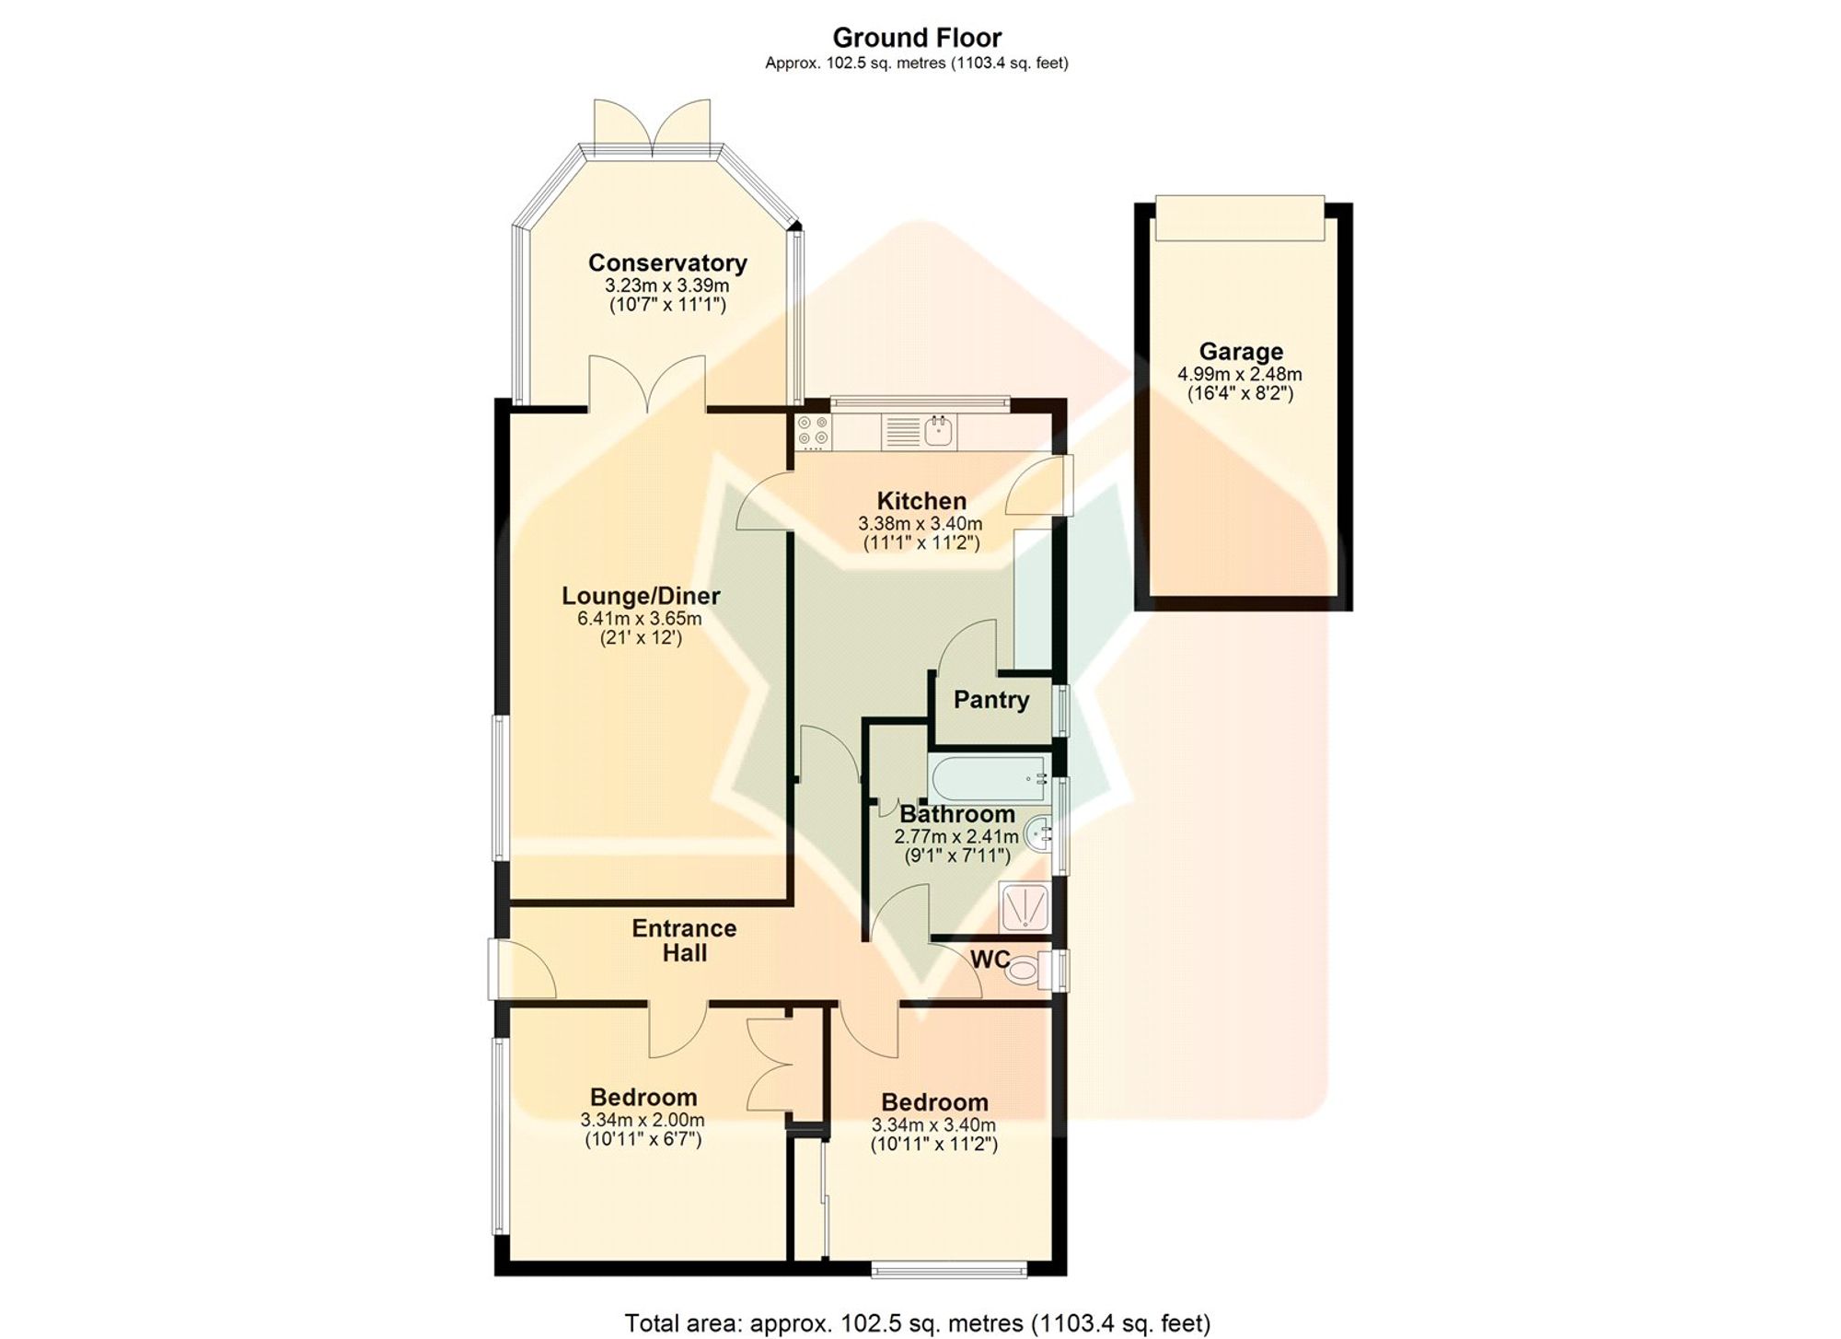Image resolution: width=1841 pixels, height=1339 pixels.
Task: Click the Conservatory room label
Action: click(667, 263)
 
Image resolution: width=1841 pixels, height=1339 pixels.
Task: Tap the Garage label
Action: click(1240, 352)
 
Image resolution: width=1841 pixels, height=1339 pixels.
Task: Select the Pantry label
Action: click(991, 700)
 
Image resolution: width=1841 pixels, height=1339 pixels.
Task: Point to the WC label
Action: click(990, 960)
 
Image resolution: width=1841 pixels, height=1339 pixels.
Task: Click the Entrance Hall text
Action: click(684, 940)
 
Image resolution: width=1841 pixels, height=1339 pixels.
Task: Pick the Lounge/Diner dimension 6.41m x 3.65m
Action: click(640, 619)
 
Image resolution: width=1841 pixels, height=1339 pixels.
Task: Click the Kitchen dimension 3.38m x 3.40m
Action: click(920, 524)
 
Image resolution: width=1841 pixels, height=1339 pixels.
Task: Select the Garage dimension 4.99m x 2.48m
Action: click(1240, 375)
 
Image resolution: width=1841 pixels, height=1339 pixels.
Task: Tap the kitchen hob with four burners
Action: click(813, 432)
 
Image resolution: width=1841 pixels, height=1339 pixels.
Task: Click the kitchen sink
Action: click(939, 431)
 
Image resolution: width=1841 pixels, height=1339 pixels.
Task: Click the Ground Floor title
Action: click(917, 38)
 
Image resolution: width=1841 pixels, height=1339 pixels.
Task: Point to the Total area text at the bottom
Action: click(917, 1323)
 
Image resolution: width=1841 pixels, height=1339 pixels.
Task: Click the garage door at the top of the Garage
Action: click(1239, 217)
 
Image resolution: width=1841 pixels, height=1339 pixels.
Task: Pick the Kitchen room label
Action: click(921, 501)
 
